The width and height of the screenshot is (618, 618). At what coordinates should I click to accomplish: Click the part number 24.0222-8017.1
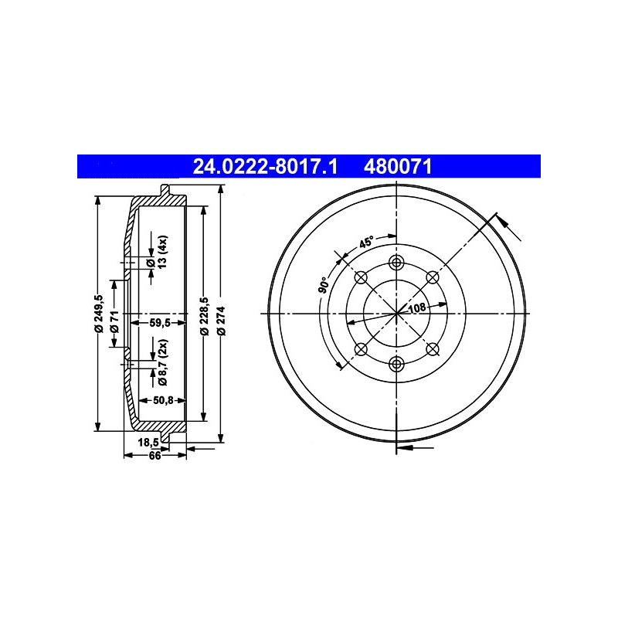(x=265, y=166)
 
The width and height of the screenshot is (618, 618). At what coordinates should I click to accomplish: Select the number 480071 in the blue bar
(x=398, y=166)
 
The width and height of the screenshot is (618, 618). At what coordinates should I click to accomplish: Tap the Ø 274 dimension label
(x=222, y=321)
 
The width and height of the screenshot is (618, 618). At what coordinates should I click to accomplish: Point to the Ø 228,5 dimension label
(x=204, y=316)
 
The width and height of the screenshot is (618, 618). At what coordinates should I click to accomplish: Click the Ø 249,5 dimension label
(x=99, y=314)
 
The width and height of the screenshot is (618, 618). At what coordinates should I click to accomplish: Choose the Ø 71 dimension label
(x=114, y=321)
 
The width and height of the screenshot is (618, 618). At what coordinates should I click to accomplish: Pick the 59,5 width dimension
(x=160, y=323)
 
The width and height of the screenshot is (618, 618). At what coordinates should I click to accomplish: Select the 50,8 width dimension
(x=163, y=400)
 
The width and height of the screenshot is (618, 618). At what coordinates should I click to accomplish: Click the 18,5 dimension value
(x=148, y=442)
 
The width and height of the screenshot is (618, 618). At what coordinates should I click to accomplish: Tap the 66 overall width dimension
(x=155, y=455)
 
